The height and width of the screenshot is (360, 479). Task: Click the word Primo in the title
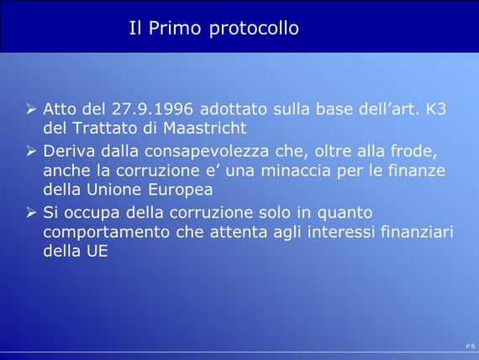click(x=175, y=28)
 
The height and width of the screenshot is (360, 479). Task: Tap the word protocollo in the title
click(x=254, y=29)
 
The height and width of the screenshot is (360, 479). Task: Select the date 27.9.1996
click(x=152, y=109)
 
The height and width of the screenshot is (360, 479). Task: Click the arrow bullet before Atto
click(x=31, y=109)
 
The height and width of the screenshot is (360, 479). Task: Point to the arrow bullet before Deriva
click(x=31, y=151)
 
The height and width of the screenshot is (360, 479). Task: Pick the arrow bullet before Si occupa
click(x=31, y=212)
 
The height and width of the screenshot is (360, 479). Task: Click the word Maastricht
click(x=205, y=128)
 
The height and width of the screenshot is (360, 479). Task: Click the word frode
click(x=413, y=151)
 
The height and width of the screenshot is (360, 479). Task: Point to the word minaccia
click(x=296, y=171)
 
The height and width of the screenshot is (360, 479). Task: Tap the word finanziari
click(x=417, y=231)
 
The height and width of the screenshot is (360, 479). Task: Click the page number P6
click(x=471, y=346)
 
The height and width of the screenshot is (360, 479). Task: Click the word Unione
click(x=114, y=189)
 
